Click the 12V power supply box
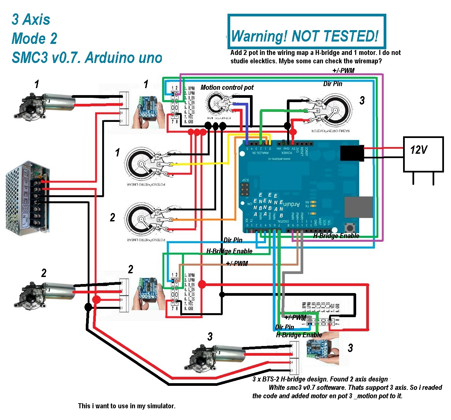[x=423, y=154]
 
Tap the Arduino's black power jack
[x=352, y=153]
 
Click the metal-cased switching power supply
[x=27, y=198]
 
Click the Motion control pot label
[x=227, y=87]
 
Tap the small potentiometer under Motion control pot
[x=218, y=104]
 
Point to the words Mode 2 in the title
[x=34, y=39]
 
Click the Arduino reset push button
[x=350, y=228]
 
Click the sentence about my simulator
[x=127, y=406]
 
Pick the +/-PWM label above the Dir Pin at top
[x=343, y=71]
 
